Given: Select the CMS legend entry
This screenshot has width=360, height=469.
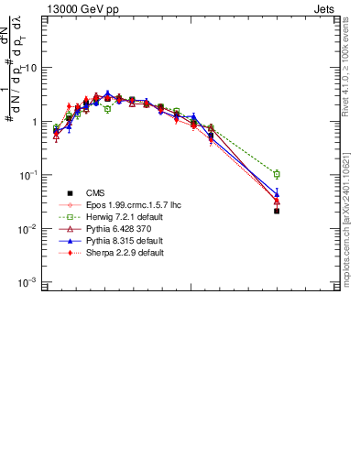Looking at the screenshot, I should coord(97,193).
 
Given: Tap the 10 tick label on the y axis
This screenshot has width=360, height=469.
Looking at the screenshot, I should coord(30,69).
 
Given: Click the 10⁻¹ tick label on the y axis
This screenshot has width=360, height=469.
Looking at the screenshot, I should coord(28,175).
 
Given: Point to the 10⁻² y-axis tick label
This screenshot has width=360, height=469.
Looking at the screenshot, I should coord(28,229).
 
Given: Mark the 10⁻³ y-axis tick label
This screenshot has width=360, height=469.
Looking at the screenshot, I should coord(28,283).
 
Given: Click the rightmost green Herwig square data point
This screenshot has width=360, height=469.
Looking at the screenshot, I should coord(277,174).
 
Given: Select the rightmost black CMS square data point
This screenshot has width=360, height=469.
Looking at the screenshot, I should coord(277,211).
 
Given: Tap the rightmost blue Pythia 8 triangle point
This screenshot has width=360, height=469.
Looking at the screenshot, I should coord(277,193).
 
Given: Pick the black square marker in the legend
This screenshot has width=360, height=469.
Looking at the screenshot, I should coord(70,193).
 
